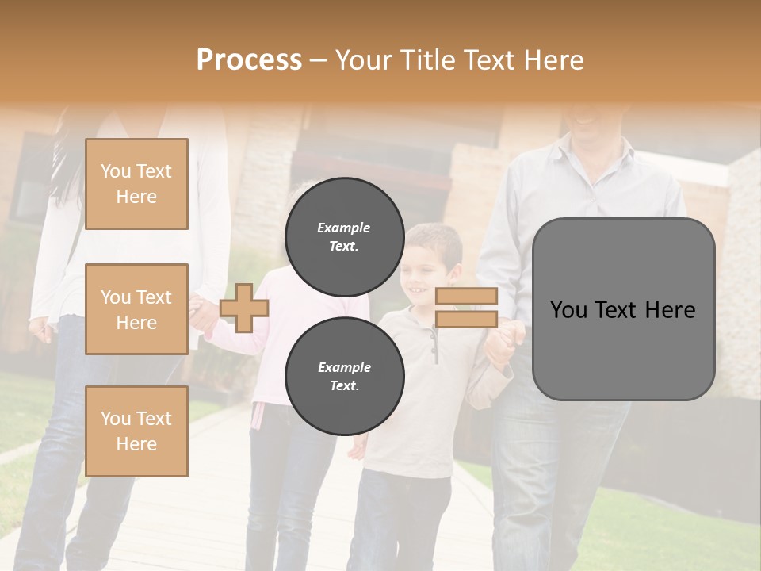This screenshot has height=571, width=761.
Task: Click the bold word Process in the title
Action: coord(249,60)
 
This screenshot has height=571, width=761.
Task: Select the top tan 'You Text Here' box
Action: coord(136,184)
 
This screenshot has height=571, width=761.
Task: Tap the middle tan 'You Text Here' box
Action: coord(136,309)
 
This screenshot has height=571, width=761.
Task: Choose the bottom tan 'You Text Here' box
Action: coord(136,431)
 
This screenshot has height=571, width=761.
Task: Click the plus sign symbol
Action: coord(244,308)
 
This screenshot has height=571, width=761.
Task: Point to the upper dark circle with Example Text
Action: coord(344,236)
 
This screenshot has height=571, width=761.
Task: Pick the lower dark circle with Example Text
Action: coord(344,376)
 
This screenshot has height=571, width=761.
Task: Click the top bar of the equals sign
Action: coord(466,297)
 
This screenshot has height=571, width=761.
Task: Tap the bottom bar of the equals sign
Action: coord(466,320)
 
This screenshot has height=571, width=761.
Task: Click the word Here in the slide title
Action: coord(554,60)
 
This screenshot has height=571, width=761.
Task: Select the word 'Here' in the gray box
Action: coord(671,310)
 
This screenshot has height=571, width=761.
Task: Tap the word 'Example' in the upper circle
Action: coord(343,228)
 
